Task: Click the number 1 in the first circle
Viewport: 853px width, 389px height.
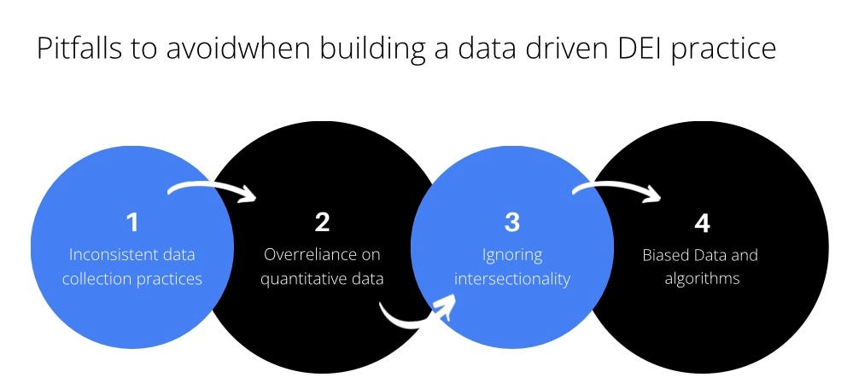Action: click(132, 223)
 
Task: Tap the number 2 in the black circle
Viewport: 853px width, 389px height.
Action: click(322, 223)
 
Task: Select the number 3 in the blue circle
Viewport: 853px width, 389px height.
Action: click(511, 223)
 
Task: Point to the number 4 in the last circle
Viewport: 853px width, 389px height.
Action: click(702, 224)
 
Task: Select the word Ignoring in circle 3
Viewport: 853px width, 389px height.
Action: click(512, 255)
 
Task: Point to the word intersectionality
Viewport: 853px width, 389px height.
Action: click(512, 279)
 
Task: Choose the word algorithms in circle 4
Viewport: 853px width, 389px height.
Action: click(702, 279)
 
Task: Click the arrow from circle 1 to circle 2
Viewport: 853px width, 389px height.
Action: click(213, 189)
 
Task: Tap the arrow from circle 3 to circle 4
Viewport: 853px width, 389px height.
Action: click(616, 189)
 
